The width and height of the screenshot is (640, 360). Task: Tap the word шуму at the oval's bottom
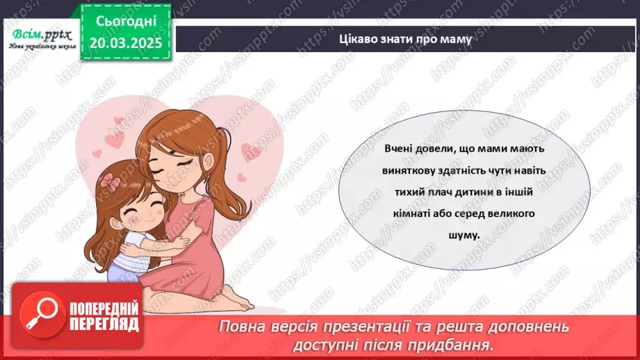pos(465,234)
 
